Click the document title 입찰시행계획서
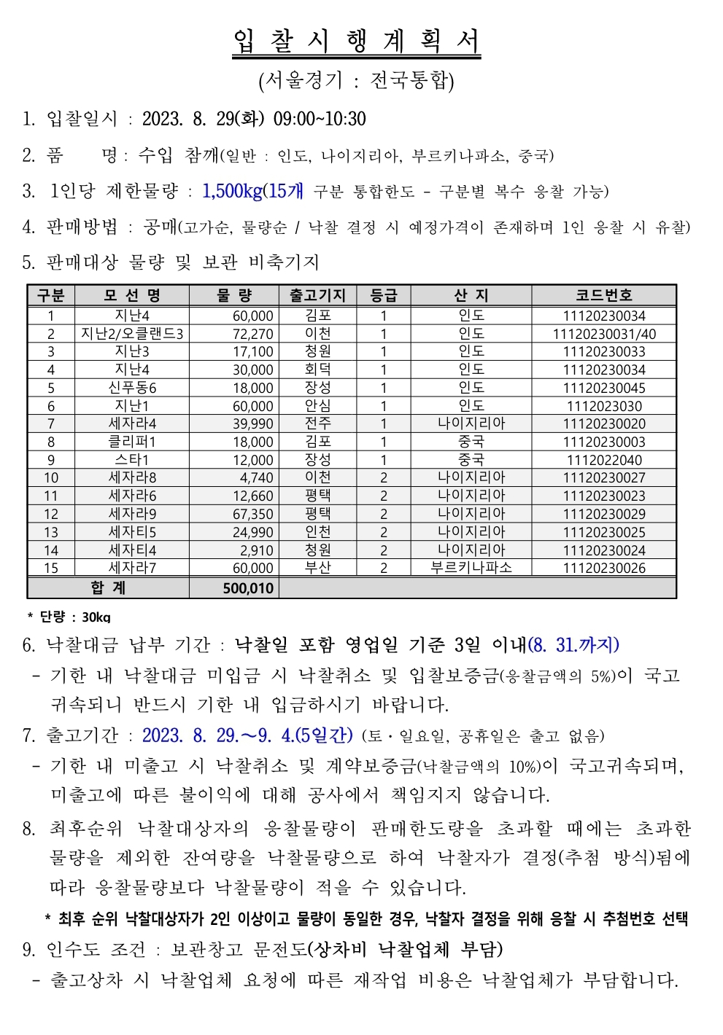click(357, 42)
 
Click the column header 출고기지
click(317, 295)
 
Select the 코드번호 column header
click(603, 295)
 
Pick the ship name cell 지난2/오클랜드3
click(132, 334)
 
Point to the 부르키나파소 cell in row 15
click(471, 568)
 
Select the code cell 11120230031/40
click(603, 334)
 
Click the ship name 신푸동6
click(132, 388)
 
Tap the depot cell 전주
click(317, 423)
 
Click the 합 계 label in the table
click(108, 588)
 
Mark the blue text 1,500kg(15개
click(252, 192)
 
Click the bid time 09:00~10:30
click(320, 119)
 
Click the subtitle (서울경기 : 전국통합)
click(356, 80)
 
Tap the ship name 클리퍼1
click(132, 442)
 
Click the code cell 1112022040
click(603, 460)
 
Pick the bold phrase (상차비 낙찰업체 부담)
click(405, 949)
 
